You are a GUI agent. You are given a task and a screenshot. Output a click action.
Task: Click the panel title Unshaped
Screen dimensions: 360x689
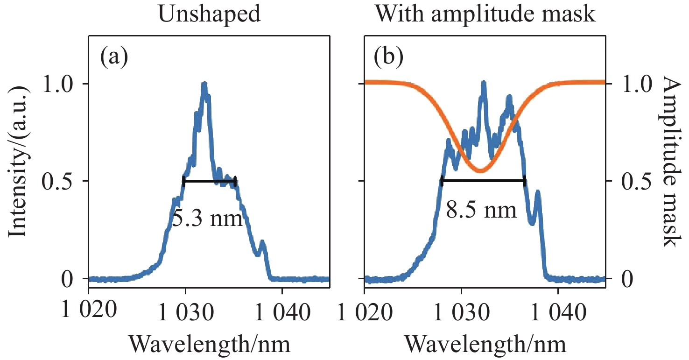(210, 15)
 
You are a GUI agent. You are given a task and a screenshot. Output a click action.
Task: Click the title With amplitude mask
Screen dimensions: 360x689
(485, 15)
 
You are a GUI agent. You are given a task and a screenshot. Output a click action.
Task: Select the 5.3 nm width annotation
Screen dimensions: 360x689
(207, 218)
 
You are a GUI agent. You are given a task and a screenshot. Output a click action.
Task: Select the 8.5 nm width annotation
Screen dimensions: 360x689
(482, 211)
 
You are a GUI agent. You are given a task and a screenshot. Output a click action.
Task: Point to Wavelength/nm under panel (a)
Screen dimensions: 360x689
(210, 344)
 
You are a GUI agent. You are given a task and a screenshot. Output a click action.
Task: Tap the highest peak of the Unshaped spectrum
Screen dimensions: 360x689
(204, 84)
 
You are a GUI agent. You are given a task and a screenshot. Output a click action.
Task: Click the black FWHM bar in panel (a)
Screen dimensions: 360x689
(210, 181)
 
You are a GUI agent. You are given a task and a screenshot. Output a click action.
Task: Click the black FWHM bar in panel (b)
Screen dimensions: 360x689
(483, 180)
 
